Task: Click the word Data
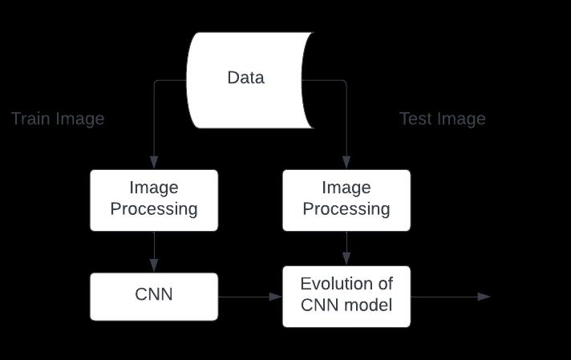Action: pyautogui.click(x=245, y=78)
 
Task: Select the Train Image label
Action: pyautogui.click(x=58, y=119)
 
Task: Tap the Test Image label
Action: pyautogui.click(x=443, y=119)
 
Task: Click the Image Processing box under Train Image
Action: pyautogui.click(x=153, y=200)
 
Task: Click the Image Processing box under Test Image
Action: pyautogui.click(x=346, y=200)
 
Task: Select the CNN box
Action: pyautogui.click(x=153, y=296)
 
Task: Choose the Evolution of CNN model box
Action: pyautogui.click(x=346, y=296)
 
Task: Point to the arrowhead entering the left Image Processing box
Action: pyautogui.click(x=153, y=164)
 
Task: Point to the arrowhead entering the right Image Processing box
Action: pyautogui.click(x=346, y=164)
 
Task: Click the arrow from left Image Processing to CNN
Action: pyautogui.click(x=153, y=252)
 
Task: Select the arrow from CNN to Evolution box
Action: pyautogui.click(x=249, y=297)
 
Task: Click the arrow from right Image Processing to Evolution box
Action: pyautogui.click(x=346, y=249)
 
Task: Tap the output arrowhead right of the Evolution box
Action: pyautogui.click(x=484, y=297)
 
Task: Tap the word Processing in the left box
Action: pyautogui.click(x=153, y=210)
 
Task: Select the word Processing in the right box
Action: pyautogui.click(x=346, y=210)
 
